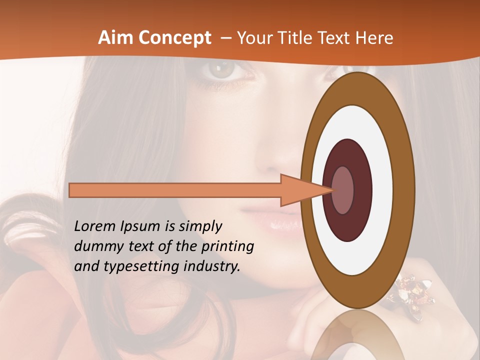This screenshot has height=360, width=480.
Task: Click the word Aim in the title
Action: (x=115, y=37)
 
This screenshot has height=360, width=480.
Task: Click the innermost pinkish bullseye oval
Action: (x=342, y=190)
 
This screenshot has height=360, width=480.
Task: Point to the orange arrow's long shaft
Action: (x=175, y=190)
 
